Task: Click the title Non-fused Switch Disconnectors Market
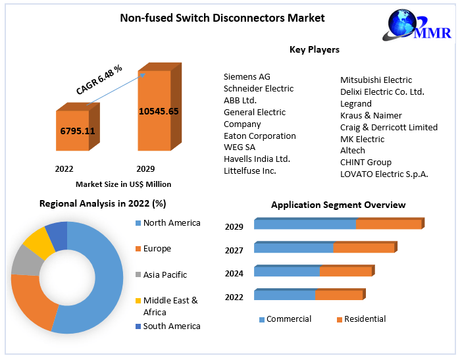tap(222, 18)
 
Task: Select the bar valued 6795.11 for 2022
tap(78, 131)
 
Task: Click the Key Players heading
tap(315, 49)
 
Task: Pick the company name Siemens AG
tap(247, 76)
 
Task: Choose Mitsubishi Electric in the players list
tap(376, 80)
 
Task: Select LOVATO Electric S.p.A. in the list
tap(384, 174)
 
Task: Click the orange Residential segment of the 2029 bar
tap(389, 224)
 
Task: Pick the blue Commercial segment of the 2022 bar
tap(284, 295)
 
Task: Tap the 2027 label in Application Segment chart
tap(234, 250)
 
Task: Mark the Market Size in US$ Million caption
tap(123, 184)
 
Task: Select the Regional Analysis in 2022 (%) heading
tap(103, 203)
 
